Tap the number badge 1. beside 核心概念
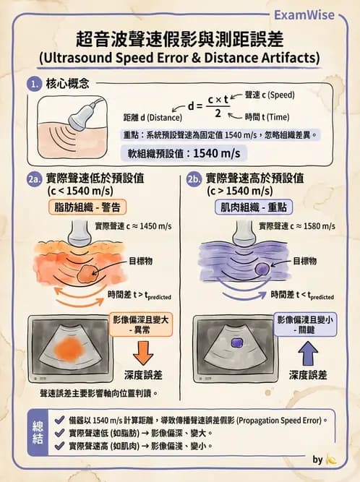33,85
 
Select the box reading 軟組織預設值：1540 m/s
183,153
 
